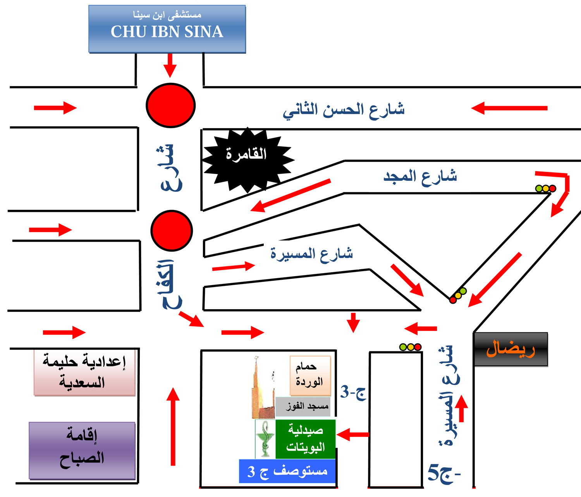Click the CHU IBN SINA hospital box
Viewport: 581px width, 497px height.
coord(167,29)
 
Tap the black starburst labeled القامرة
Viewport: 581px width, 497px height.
coord(247,159)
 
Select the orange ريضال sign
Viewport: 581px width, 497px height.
coord(511,349)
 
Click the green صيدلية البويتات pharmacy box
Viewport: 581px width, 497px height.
coord(305,439)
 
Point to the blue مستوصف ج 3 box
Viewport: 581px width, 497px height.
coord(287,471)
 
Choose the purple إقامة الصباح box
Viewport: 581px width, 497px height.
coord(82,451)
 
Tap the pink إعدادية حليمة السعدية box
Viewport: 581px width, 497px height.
coord(84,372)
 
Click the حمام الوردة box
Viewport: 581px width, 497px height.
coord(310,375)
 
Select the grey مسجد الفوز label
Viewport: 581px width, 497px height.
coord(303,406)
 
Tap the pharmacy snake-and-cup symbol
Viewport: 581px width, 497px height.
coord(265,439)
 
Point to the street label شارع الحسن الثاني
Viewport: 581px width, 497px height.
coord(344,110)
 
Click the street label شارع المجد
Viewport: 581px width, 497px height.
coord(420,177)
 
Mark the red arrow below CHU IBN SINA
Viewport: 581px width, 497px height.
coord(170,65)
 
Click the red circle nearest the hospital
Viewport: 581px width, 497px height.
coord(170,105)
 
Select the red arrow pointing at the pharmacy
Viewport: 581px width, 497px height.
coord(352,435)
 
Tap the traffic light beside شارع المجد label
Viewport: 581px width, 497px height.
coord(546,189)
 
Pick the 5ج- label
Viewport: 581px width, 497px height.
coord(444,473)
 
